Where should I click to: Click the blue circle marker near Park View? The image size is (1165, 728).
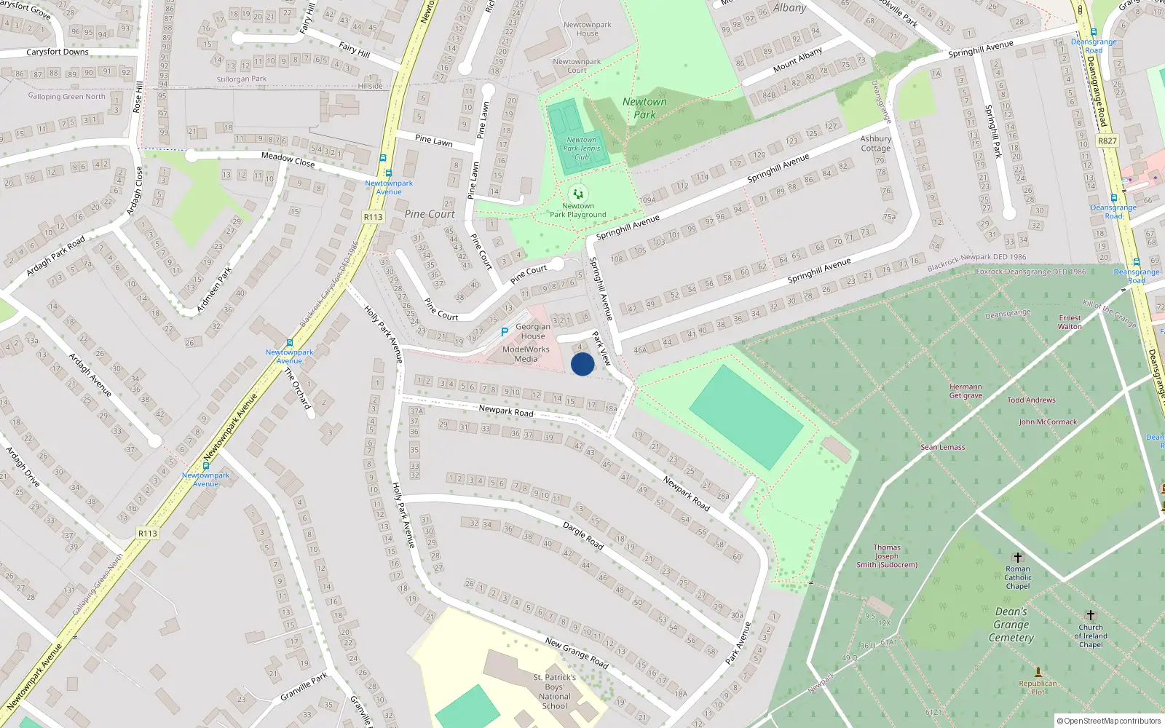coord(582,364)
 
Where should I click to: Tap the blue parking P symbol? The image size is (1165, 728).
coord(505,332)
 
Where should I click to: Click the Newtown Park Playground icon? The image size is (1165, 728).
coord(578,194)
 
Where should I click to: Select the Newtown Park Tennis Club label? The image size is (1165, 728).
coord(581,149)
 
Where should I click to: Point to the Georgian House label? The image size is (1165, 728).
coord(533,331)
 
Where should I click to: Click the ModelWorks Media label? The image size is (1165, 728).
coord(526,354)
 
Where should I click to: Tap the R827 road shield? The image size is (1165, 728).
coord(1107,141)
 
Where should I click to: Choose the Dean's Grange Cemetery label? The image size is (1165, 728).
coord(1011,625)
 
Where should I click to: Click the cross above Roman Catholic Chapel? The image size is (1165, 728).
coord(1018,558)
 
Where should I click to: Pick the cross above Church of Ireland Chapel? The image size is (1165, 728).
coord(1091,615)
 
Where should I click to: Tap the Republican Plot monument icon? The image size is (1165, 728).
coord(1038,671)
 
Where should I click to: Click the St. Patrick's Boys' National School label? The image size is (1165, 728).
coord(556,692)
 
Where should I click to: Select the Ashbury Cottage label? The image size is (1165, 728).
coord(876,143)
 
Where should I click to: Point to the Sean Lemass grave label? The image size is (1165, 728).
coord(943,447)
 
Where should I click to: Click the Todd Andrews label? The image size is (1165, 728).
coord(1031,400)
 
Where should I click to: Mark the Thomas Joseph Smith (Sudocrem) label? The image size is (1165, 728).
coord(887,556)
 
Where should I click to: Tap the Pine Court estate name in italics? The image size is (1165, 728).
coord(430,214)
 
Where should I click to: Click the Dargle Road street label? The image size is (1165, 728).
coord(583,535)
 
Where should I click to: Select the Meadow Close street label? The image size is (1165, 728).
coord(288,159)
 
